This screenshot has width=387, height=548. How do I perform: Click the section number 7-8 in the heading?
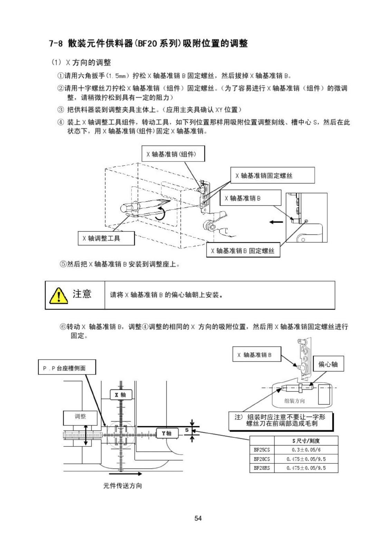56,44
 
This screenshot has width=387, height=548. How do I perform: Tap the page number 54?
198,518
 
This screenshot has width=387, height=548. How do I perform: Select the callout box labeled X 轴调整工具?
106,238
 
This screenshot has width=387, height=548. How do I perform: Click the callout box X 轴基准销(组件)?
173,154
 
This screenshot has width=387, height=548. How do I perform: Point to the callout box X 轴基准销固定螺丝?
272,175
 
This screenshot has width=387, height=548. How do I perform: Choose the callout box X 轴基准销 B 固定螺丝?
243,250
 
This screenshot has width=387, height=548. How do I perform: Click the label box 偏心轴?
328,364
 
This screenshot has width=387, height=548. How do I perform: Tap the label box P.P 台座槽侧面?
67,368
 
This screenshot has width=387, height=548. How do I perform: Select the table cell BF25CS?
262,450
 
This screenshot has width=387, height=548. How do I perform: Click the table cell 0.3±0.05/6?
306,450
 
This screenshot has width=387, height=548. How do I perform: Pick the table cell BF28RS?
262,468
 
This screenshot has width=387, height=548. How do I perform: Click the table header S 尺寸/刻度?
306,441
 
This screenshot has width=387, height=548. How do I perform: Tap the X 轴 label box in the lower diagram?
120,395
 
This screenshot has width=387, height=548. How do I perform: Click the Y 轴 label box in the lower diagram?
167,433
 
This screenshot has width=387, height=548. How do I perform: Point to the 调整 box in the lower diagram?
81,417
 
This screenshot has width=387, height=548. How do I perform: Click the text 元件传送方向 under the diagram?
122,486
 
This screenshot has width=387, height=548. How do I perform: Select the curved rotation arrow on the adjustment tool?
160,214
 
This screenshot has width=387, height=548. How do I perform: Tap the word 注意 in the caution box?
82,294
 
